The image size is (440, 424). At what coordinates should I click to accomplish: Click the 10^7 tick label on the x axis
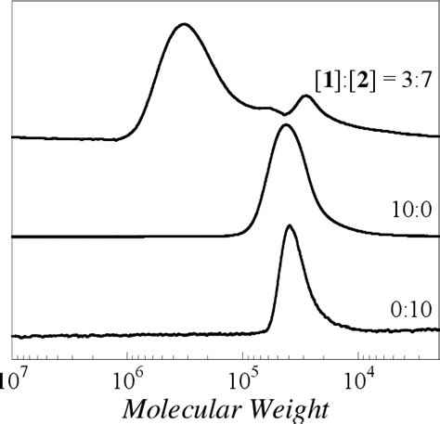[x=12, y=378]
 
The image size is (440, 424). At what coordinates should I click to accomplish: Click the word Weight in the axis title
[x=288, y=407]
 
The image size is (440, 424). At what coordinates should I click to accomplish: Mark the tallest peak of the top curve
[x=183, y=25]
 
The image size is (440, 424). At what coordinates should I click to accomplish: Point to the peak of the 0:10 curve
[x=291, y=226]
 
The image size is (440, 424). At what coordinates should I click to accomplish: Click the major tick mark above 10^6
[x=126, y=354]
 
